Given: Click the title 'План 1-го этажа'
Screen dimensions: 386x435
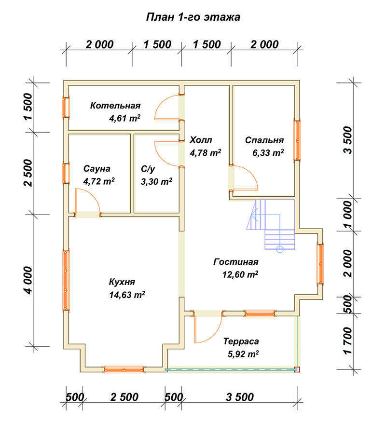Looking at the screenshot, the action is (x=193, y=17).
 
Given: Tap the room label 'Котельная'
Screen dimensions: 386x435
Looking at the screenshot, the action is (x=115, y=106).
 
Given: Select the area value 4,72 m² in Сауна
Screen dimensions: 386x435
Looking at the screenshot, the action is (x=99, y=181).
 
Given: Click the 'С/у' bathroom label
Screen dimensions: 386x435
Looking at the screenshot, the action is (x=148, y=169).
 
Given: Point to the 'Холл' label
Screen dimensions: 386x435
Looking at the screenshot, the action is (x=201, y=140).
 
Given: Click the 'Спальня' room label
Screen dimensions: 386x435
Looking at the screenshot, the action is (x=264, y=140).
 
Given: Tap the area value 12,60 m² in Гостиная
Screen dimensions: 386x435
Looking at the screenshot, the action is (x=240, y=274).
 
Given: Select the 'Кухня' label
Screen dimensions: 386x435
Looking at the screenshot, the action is (x=122, y=282).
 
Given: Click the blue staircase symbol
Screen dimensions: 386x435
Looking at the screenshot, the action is (x=271, y=225).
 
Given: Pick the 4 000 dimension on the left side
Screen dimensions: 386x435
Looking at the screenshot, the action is (x=28, y=280).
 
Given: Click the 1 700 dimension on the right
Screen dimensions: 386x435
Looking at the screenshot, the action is (x=347, y=340).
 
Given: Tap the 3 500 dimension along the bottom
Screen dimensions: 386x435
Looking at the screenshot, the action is (x=240, y=397).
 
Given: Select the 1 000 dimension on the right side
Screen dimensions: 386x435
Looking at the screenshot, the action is (x=347, y=215).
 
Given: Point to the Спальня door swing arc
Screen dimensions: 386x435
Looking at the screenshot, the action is (x=251, y=174).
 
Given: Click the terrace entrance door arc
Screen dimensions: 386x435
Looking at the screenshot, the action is (x=215, y=334).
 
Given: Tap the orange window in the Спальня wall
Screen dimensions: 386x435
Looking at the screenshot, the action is (x=297, y=140).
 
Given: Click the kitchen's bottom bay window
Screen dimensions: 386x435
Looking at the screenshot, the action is (x=124, y=369).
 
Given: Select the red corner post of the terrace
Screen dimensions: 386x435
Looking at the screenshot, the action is (x=297, y=369).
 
